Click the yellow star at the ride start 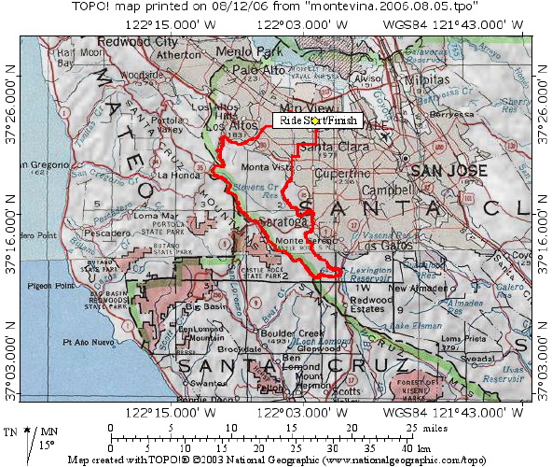315,120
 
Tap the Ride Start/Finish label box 316,120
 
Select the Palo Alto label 256,70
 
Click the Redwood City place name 137,43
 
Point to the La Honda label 177,175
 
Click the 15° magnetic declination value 20,443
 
